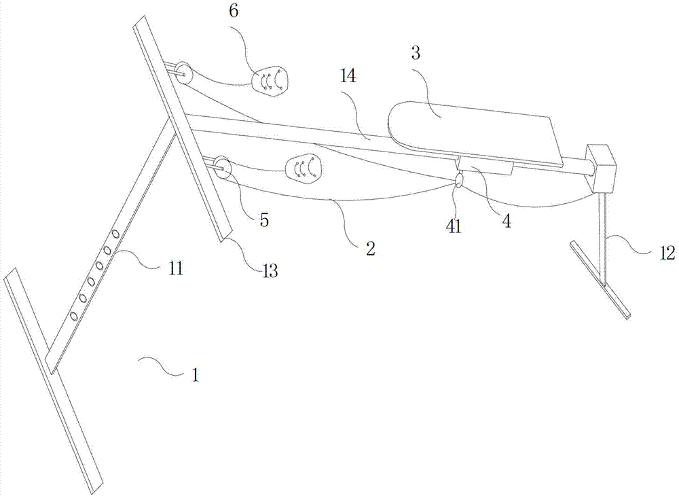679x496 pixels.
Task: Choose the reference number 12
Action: tap(666, 253)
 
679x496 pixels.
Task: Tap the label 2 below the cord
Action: tap(370, 248)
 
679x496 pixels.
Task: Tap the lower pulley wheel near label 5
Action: tap(221, 167)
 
